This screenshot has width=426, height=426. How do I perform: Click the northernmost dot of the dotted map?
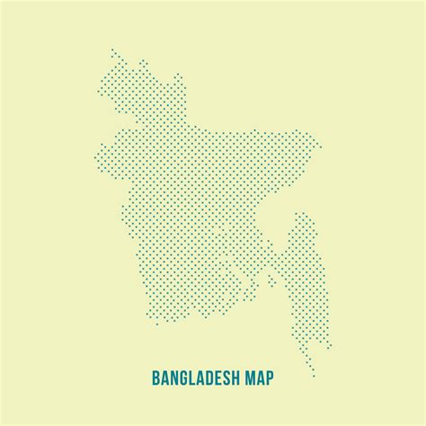pyautogui.click(x=112, y=49)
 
